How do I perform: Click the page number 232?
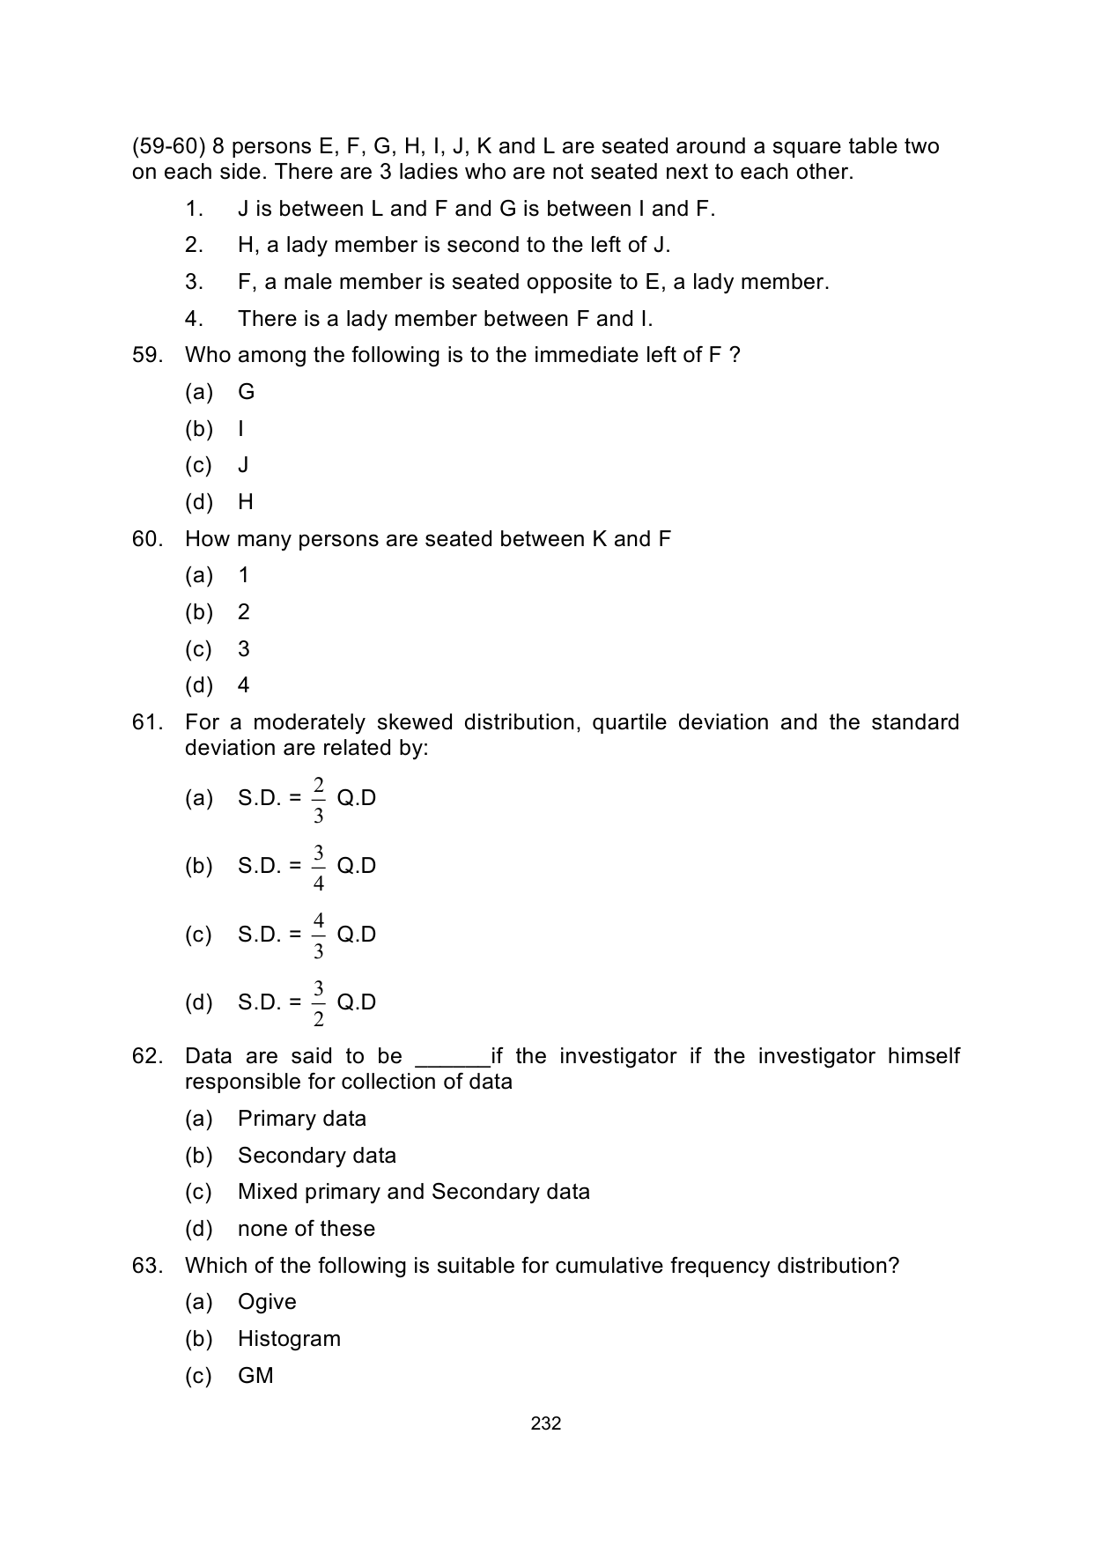(x=546, y=1423)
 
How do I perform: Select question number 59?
(x=147, y=355)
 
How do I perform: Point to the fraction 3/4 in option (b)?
(x=318, y=868)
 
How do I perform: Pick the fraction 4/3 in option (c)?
(x=318, y=935)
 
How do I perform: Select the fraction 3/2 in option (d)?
(x=318, y=1003)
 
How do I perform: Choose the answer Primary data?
(x=301, y=1119)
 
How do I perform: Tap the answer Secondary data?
(x=316, y=1156)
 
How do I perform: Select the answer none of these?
(x=306, y=1229)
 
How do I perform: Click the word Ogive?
(x=267, y=1302)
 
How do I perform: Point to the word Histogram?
(x=289, y=1339)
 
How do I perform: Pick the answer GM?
(x=255, y=1376)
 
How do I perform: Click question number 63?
(x=147, y=1266)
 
